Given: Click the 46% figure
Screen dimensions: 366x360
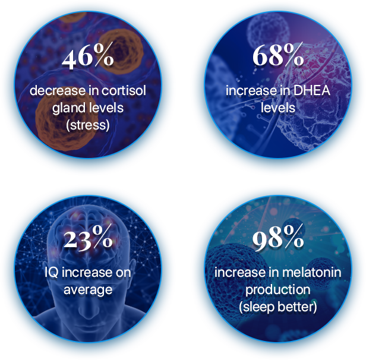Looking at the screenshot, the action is [88, 55].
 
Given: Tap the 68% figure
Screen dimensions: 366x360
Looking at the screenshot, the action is [278, 55].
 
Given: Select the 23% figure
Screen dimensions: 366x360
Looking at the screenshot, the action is [88, 238].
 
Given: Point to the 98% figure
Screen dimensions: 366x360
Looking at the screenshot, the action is [278, 238].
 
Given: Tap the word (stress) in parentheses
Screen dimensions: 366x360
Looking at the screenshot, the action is [88, 125].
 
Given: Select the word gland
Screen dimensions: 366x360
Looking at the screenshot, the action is [65, 109].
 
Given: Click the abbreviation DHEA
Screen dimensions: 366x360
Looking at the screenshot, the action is [311, 90].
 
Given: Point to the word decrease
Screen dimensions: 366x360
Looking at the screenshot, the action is [58, 90].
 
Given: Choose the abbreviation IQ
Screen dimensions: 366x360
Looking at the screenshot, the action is [51, 273].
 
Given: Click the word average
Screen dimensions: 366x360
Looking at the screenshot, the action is [88, 290].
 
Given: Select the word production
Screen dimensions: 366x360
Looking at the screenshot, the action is [278, 290].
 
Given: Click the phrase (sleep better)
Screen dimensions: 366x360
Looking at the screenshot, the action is [278, 307].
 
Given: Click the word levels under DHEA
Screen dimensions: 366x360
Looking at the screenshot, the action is [278, 108].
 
